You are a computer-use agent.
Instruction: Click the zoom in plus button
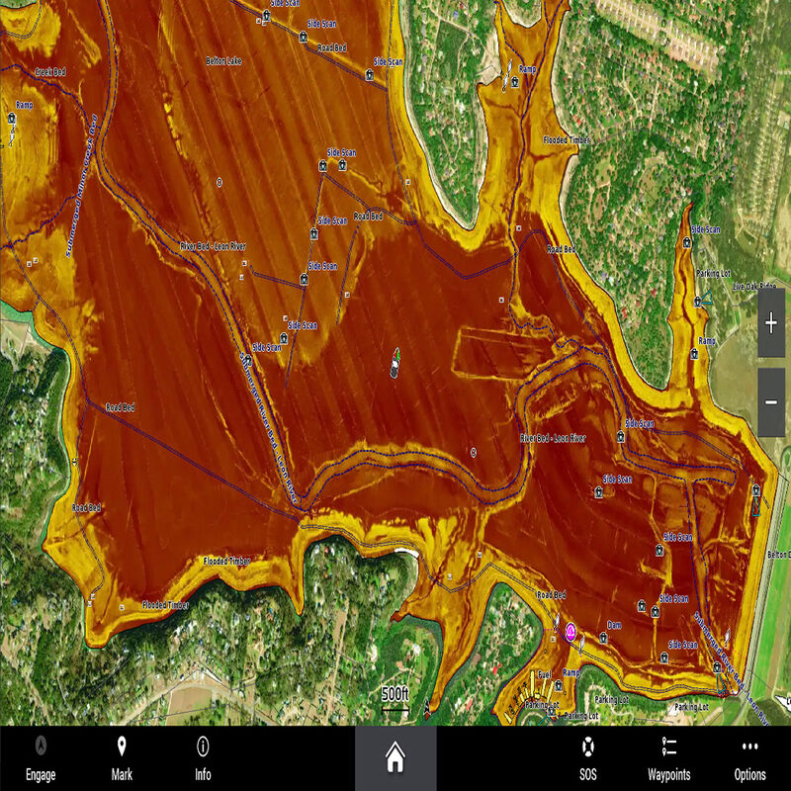coord(771,323)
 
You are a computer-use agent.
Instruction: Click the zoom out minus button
coord(771,402)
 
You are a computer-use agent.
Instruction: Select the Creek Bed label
coord(49,72)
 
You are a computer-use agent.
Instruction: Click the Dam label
coord(614,625)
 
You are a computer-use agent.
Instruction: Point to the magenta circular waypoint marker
coord(571,631)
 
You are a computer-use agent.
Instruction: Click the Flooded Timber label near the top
coord(567,140)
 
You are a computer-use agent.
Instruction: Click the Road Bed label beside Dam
coord(551,595)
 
